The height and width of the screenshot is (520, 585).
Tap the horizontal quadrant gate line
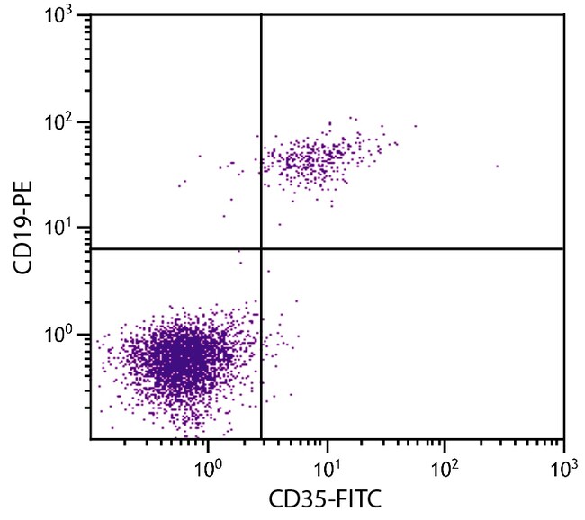click(x=405, y=247)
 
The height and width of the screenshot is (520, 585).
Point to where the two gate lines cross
click(x=261, y=247)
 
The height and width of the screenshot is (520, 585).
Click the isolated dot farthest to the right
click(x=497, y=166)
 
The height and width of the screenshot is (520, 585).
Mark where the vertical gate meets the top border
click(x=261, y=14)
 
